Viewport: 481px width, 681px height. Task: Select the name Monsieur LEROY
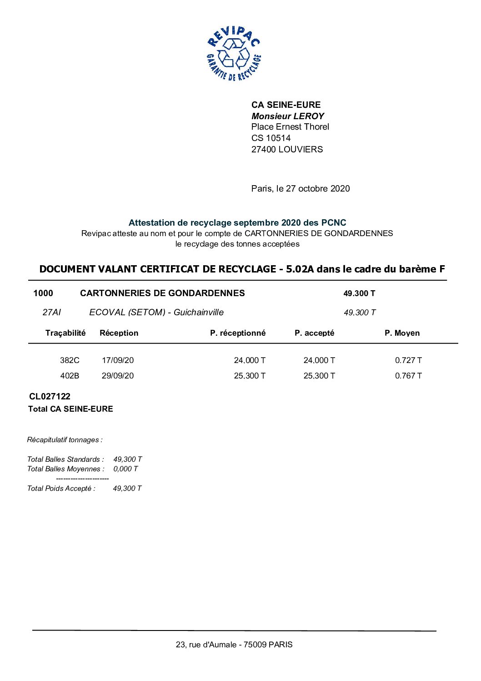click(x=287, y=116)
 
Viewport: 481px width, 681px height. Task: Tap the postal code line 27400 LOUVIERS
click(x=287, y=149)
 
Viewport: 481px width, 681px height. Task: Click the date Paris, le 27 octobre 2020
click(x=300, y=188)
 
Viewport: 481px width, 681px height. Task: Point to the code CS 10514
click(x=271, y=138)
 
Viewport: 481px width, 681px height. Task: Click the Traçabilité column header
click(x=65, y=333)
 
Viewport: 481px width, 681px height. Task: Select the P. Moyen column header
click(x=402, y=333)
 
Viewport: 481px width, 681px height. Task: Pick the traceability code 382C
click(x=70, y=360)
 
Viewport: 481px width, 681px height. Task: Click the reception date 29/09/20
click(x=118, y=376)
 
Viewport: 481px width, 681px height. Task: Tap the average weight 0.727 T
click(x=408, y=360)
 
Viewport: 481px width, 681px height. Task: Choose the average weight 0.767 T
click(x=408, y=376)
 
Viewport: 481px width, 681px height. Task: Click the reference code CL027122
click(x=50, y=396)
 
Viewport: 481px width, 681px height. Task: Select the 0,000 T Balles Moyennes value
click(x=125, y=469)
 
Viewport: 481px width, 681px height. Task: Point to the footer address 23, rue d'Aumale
click(x=234, y=645)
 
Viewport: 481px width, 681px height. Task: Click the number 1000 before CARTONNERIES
click(x=43, y=293)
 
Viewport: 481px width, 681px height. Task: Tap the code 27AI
click(x=51, y=313)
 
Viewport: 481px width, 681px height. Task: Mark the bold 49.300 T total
click(x=359, y=293)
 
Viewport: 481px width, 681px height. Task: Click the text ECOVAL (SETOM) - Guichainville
click(x=156, y=313)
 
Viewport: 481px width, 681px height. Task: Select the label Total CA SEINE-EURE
click(x=70, y=409)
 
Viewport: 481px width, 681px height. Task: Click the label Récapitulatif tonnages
click(x=65, y=440)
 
